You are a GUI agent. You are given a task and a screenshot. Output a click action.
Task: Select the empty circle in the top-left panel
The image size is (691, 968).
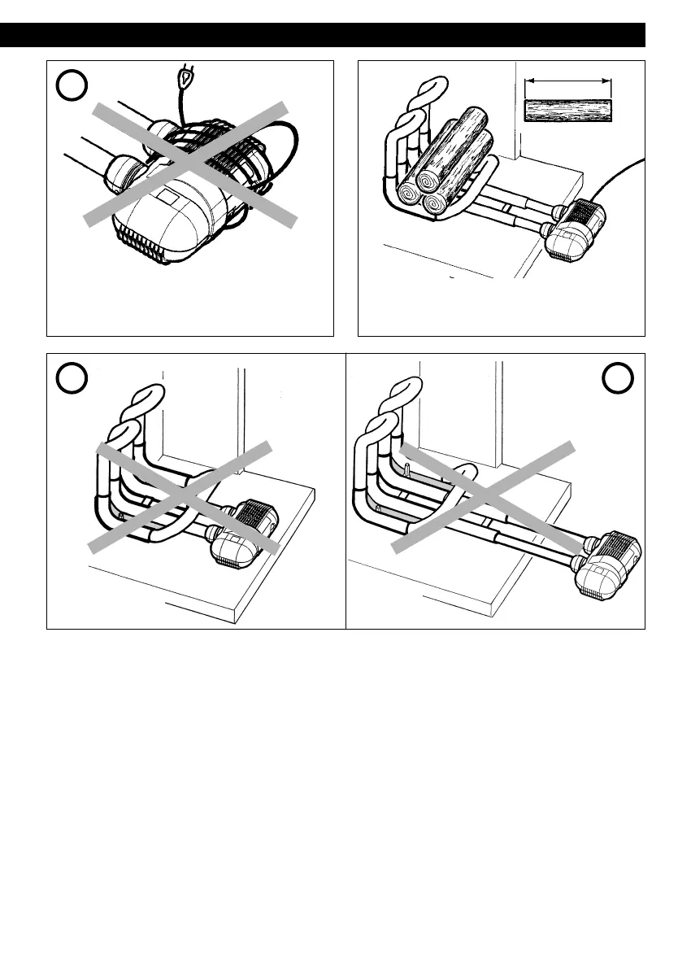(x=72, y=85)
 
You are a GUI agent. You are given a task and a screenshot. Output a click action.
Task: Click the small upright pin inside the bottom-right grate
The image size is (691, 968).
(x=404, y=469)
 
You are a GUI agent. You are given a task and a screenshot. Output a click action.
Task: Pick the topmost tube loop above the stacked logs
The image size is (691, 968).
(x=432, y=86)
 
